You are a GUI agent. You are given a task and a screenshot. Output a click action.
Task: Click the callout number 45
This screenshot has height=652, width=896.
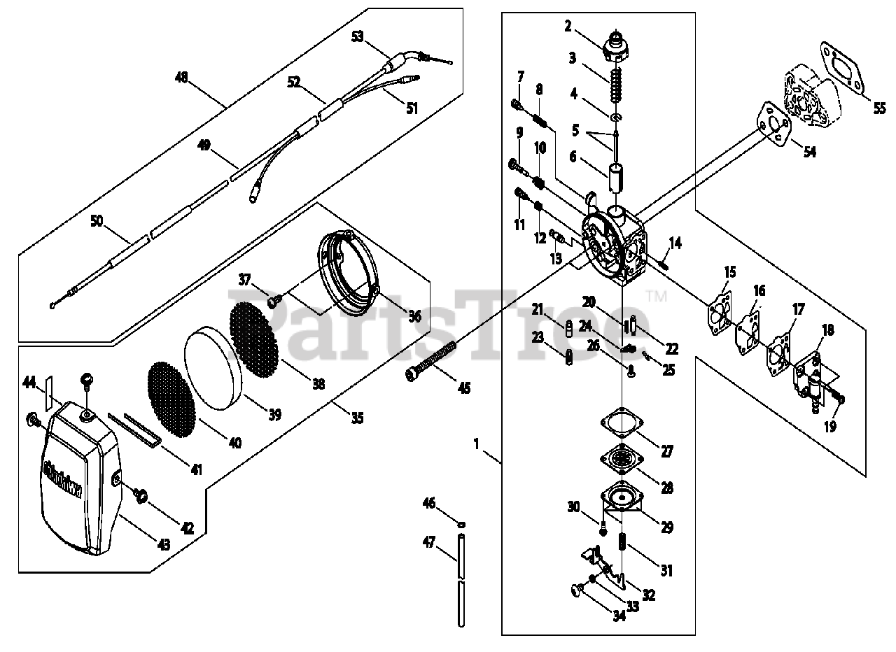pos(463,387)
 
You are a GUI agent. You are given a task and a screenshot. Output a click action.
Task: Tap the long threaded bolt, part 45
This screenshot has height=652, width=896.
pos(430,360)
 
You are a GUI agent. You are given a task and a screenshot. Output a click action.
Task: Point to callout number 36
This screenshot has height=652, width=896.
pos(414,316)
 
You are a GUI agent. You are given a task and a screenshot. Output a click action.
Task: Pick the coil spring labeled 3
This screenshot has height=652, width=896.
pos(615,87)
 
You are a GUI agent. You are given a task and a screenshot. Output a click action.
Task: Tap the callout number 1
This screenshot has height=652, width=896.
pos(476,443)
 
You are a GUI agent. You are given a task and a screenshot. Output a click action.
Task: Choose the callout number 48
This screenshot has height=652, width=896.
pos(181,78)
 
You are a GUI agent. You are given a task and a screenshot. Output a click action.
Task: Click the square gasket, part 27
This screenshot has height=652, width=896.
pos(622,424)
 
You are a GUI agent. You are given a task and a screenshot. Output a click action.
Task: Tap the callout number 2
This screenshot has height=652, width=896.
pos(568,27)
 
